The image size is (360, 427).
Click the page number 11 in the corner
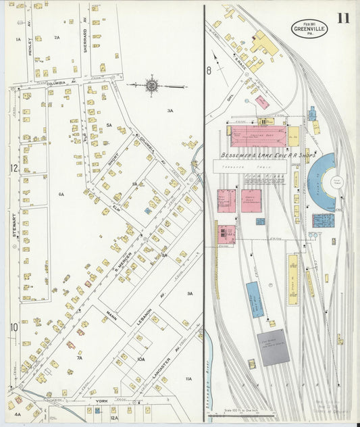(344, 17)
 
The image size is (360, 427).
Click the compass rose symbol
(151, 86)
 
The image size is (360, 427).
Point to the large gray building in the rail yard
(274, 347)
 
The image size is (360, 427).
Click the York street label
(101, 401)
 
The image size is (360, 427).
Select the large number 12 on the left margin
(13, 168)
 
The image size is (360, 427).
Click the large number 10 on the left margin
(13, 328)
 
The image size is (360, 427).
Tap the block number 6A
(61, 194)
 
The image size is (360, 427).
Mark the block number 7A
(79, 358)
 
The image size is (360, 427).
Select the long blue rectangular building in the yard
(255, 299)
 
